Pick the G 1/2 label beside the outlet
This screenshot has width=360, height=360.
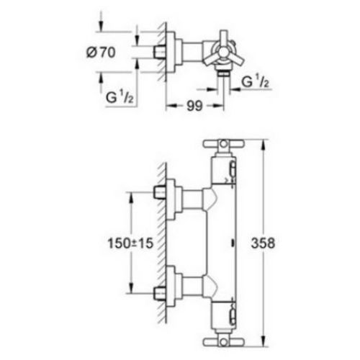[x=255, y=82]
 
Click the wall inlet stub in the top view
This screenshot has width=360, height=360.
[x=161, y=52]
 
